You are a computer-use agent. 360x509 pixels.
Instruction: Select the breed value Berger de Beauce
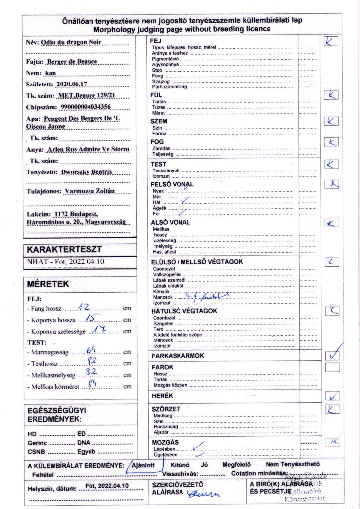tap(71, 62)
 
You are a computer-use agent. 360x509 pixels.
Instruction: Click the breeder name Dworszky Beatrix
tap(86, 172)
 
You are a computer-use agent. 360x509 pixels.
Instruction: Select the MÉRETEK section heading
tap(48, 284)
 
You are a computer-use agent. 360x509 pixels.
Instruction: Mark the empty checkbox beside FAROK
tap(332, 367)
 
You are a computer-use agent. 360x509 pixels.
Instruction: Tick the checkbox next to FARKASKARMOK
tap(332, 355)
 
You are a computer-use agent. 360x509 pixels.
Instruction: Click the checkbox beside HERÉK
tap(332, 396)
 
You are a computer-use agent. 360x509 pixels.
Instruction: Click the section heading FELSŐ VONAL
tap(172, 184)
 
